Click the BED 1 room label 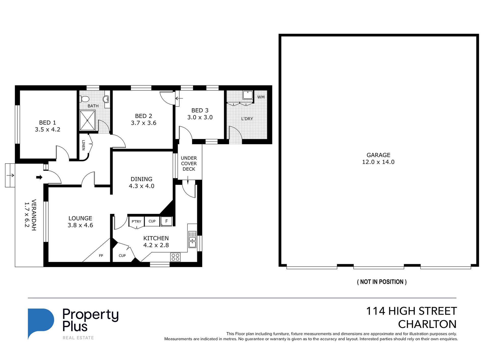(48, 123)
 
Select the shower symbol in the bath (87, 120)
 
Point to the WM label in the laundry (261, 97)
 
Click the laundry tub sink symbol (248, 95)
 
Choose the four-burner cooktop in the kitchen (175, 257)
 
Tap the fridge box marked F (167, 221)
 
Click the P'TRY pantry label (136, 221)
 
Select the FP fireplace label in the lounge (101, 256)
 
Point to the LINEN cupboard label (83, 145)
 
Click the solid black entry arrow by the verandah (39, 177)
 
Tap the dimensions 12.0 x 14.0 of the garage (378, 162)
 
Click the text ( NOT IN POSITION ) (382, 282)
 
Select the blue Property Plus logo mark (41, 321)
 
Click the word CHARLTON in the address (427, 324)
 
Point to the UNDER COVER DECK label (189, 164)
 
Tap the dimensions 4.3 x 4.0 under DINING (141, 186)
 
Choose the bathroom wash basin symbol (106, 99)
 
